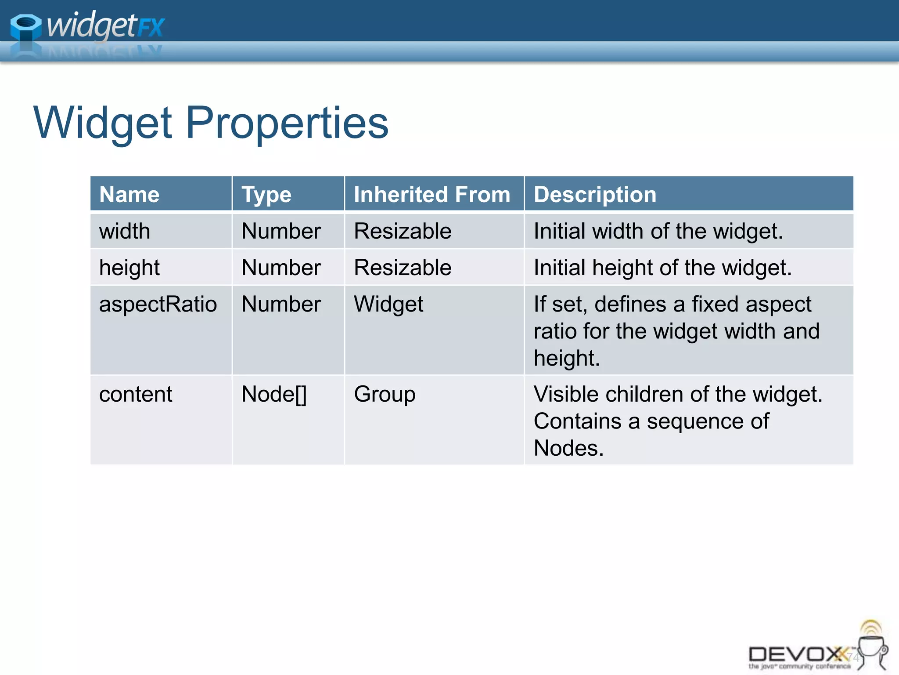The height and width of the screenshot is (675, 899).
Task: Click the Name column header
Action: [x=129, y=194]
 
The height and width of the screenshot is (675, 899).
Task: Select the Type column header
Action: [x=266, y=194]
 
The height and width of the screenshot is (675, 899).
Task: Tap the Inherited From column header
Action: [x=432, y=194]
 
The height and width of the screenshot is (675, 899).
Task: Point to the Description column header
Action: [x=595, y=194]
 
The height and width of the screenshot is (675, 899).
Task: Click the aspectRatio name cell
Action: [x=158, y=304]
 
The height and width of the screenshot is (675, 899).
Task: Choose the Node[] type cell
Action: [x=274, y=394]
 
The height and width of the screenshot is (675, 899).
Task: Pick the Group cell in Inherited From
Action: [x=385, y=394]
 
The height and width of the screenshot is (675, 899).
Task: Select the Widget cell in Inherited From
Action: [x=388, y=304]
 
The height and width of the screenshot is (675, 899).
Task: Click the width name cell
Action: [x=125, y=231]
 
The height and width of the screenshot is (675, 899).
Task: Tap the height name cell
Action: [x=129, y=268]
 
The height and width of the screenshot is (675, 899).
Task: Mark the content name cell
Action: [x=136, y=394]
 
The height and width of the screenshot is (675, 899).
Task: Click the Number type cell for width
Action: [x=281, y=231]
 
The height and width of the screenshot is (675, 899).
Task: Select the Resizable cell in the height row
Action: [x=403, y=268]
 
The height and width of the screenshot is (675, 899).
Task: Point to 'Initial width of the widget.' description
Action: [x=658, y=231]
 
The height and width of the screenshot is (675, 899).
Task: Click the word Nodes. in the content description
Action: [x=568, y=448]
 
